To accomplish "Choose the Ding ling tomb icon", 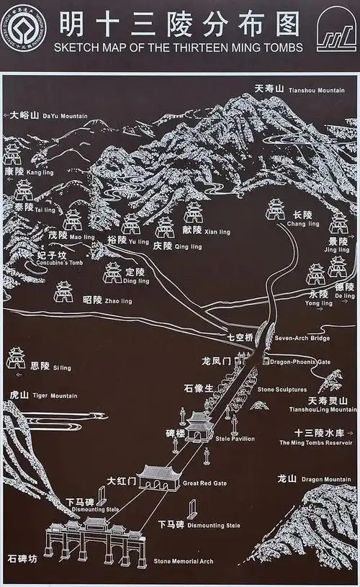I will click(x=112, y=272).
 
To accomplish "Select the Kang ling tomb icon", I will click(x=12, y=153).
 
